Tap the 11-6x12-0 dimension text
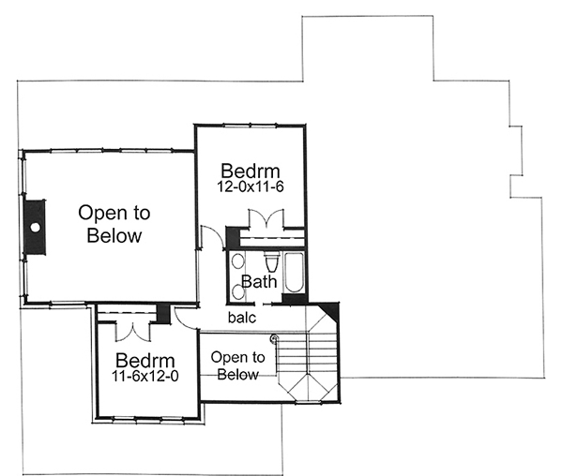(147, 379)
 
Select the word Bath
(259, 281)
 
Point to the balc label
(243, 319)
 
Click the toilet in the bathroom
(272, 260)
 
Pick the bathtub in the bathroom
(293, 273)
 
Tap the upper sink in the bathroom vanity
(237, 261)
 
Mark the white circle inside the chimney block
(34, 227)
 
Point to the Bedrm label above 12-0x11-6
(251, 171)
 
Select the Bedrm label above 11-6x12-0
(147, 361)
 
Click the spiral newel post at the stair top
(274, 338)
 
